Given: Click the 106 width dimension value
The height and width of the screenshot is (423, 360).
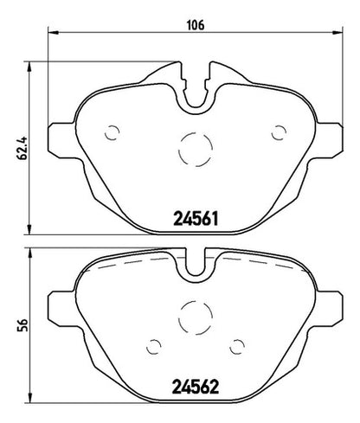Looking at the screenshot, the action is pos(196,25).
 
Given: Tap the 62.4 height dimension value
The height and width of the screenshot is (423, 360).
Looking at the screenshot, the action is pos(22,148).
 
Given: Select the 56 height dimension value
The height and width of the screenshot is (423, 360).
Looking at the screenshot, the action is pos(22,325).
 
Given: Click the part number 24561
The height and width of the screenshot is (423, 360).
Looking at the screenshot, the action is pos(196,219).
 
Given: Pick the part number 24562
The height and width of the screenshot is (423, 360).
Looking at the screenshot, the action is pos(196,387).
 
